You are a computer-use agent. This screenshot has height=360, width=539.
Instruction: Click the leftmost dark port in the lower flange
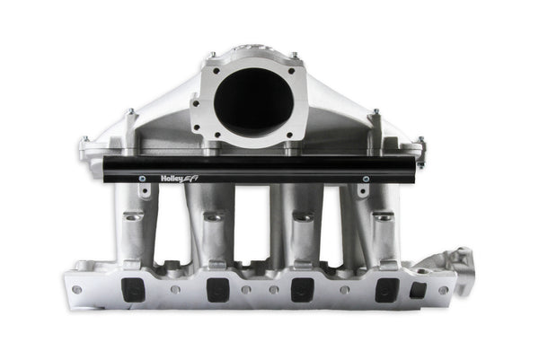132,288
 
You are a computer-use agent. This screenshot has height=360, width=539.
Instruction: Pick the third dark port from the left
303,289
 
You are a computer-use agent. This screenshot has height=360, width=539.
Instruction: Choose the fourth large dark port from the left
387,288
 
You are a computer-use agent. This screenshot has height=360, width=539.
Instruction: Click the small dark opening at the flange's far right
418,289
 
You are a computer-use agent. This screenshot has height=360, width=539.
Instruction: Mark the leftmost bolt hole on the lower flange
76,289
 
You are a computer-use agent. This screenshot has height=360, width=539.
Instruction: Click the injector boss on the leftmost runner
133,218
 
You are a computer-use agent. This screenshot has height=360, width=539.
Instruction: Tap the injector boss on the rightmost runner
382,218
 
